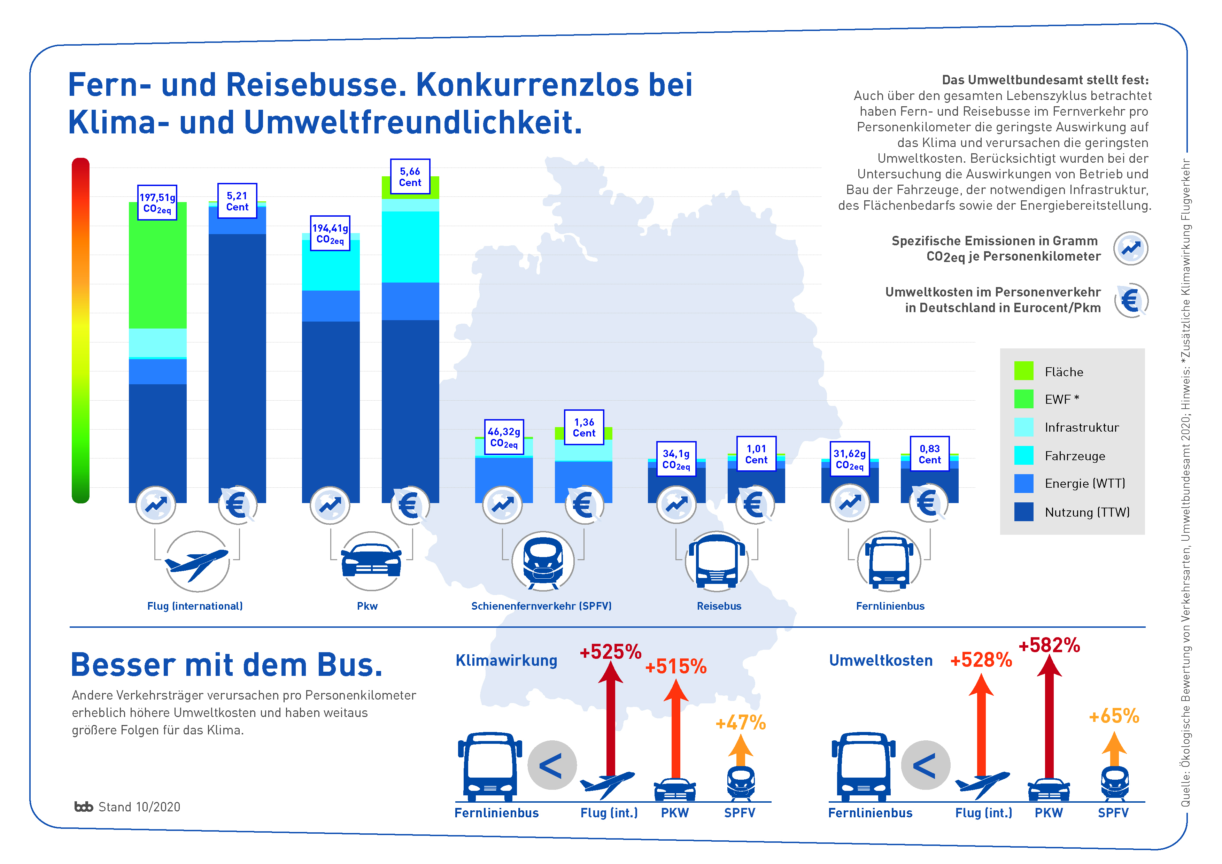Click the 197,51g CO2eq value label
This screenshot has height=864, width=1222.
pos(157,202)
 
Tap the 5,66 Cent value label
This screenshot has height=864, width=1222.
pos(410,177)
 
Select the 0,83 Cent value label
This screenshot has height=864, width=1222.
pos(929,454)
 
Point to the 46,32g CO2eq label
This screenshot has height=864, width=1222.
pos(503,438)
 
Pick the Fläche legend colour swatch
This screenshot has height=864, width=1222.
pos(1023,371)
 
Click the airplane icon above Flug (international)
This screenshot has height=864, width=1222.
pos(197,562)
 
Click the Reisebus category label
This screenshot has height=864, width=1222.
pos(719,606)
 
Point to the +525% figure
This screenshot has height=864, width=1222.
pos(610,651)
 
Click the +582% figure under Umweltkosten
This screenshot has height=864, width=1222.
pos(1049,645)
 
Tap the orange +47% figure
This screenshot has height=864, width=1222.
pos(740,723)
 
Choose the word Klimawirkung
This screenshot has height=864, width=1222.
pos(506,660)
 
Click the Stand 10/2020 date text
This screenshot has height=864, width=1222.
pos(139,807)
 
